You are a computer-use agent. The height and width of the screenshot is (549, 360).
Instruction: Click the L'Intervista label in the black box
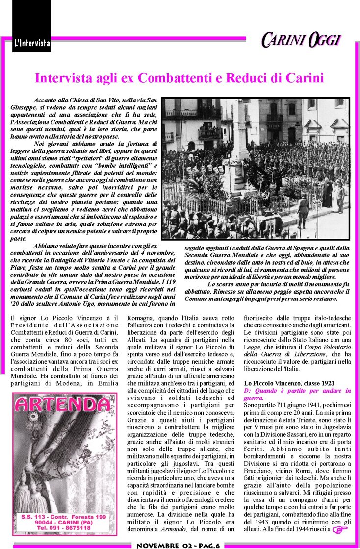pos(32,43)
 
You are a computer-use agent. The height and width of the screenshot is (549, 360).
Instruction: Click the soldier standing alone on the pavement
pos(304,211)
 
